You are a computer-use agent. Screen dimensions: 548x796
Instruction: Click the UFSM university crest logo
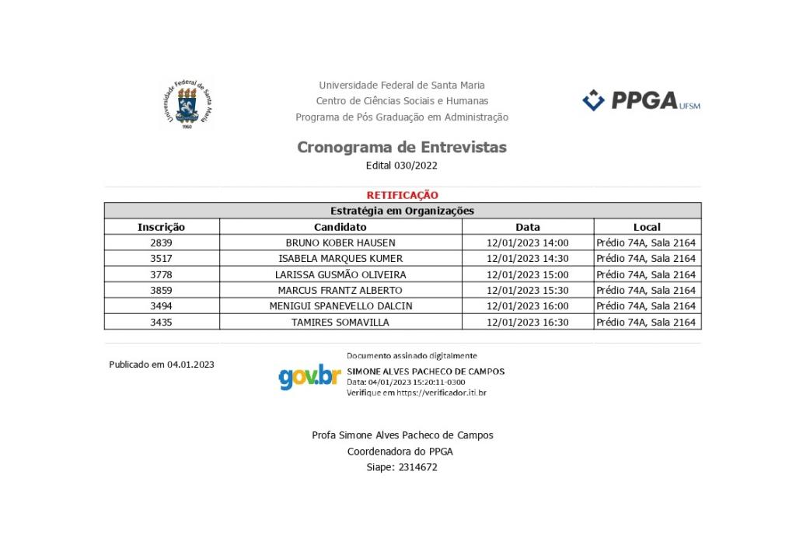(186, 103)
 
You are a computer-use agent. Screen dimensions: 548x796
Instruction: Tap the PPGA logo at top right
(641, 101)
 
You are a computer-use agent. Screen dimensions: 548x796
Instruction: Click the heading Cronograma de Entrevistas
(402, 147)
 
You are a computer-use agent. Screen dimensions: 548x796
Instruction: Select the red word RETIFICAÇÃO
(402, 195)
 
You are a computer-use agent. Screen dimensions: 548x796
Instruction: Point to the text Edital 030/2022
(402, 166)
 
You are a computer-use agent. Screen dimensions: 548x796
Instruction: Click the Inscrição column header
(161, 227)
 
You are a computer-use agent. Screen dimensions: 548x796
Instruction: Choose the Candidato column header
(340, 227)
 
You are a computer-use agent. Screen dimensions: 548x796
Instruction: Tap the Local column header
(646, 227)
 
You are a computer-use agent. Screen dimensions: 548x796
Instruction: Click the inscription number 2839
(161, 243)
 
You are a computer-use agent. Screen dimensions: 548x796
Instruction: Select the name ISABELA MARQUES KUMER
(340, 259)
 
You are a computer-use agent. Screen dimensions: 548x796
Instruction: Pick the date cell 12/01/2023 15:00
(527, 274)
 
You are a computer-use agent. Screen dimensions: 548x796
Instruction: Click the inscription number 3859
(161, 290)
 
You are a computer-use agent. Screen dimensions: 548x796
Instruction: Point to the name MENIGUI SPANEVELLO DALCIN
(340, 306)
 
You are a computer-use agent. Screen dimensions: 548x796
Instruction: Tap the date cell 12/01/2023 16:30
(527, 322)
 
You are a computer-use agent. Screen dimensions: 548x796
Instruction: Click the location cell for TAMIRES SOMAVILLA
(646, 322)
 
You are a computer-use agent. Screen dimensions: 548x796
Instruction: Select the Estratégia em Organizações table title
(402, 211)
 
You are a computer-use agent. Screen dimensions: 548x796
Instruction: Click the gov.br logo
(309, 377)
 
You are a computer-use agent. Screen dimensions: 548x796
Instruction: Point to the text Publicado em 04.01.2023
(162, 364)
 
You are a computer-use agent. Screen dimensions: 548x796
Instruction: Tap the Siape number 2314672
(417, 467)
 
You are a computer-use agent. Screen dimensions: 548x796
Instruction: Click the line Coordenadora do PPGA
(400, 451)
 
